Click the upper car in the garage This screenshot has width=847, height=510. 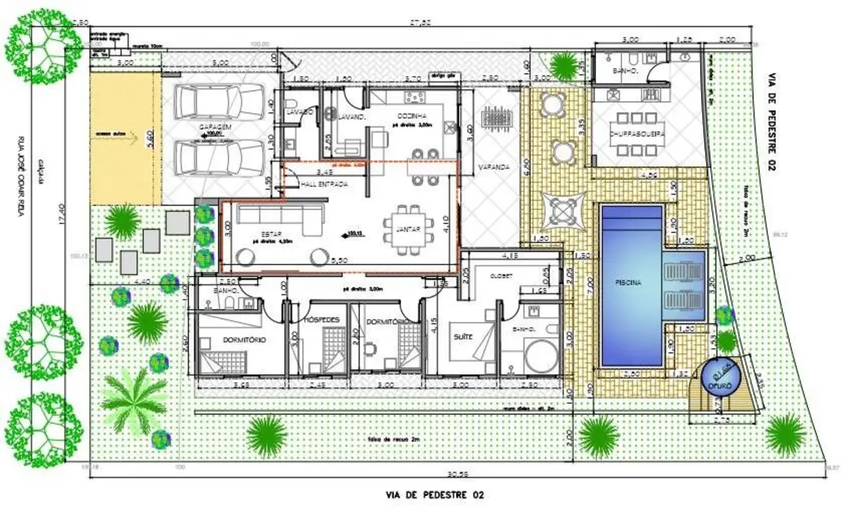click(218, 103)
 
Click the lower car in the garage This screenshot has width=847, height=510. click(218, 156)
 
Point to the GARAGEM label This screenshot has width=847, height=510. click(214, 127)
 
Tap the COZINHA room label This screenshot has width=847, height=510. click(411, 115)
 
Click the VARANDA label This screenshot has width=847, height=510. click(496, 167)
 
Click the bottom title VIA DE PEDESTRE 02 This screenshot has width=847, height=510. click(434, 495)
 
